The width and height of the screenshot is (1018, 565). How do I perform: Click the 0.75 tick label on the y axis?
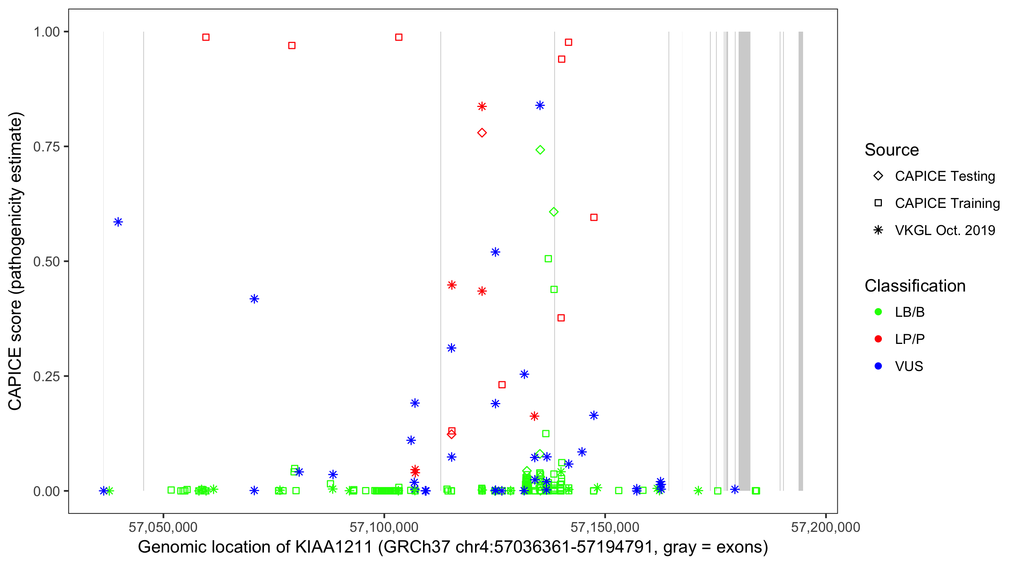pyautogui.click(x=46, y=147)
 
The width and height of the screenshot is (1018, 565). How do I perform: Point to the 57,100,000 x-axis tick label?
pyautogui.click(x=384, y=527)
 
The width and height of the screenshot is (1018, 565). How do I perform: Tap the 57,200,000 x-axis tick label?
pyautogui.click(x=825, y=527)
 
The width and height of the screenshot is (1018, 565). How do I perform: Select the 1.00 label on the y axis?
pyautogui.click(x=46, y=32)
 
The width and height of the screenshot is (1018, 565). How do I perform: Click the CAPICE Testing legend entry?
pyautogui.click(x=944, y=176)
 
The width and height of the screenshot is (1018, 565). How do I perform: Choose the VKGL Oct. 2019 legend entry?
pyautogui.click(x=944, y=230)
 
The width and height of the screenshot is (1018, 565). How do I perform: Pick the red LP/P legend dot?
pyautogui.click(x=878, y=339)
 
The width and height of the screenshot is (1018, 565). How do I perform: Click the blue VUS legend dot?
pyautogui.click(x=878, y=366)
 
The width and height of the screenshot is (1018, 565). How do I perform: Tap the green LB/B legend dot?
pyautogui.click(x=878, y=312)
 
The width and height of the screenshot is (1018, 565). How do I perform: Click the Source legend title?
pyautogui.click(x=892, y=150)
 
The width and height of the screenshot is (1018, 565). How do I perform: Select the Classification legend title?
pyautogui.click(x=915, y=286)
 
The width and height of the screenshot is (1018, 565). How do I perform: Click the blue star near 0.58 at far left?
pyautogui.click(x=118, y=222)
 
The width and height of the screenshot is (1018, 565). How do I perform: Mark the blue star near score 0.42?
pyautogui.click(x=255, y=299)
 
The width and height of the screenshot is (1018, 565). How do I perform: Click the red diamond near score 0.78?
pyautogui.click(x=482, y=133)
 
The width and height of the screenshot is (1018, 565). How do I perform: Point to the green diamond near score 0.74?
pyautogui.click(x=540, y=150)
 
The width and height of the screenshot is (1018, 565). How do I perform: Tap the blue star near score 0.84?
pyautogui.click(x=540, y=105)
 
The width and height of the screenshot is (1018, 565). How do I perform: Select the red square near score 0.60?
pyautogui.click(x=593, y=217)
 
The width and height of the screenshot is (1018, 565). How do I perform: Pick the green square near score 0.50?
pyautogui.click(x=548, y=259)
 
